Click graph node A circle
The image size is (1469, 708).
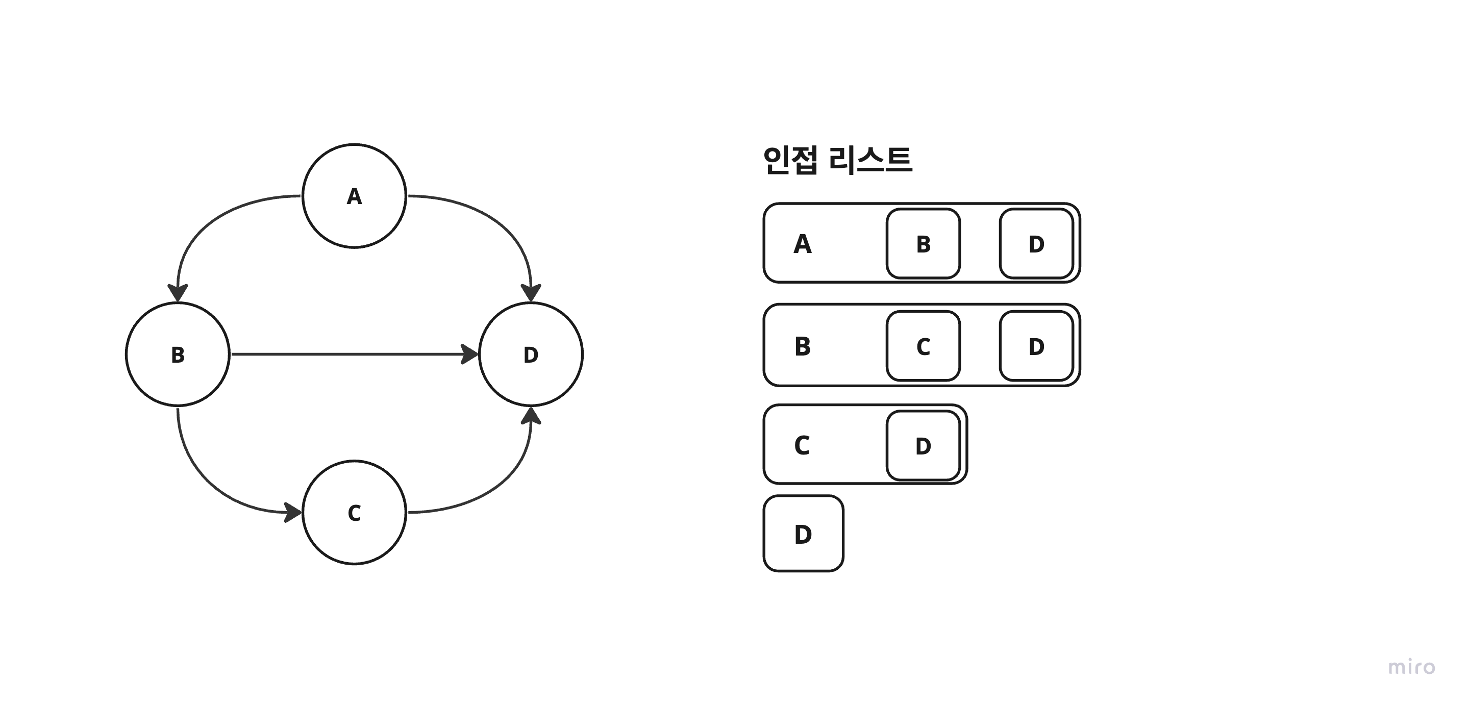(354, 195)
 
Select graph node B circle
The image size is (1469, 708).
(178, 354)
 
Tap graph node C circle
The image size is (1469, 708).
(354, 512)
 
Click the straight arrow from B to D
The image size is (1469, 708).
(354, 354)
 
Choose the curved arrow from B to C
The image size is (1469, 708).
(205, 482)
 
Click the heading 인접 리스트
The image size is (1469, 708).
(837, 160)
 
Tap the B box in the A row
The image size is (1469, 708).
(923, 243)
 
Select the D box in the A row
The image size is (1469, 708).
(1036, 243)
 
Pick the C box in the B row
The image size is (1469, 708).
(923, 346)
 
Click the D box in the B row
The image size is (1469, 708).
(1036, 346)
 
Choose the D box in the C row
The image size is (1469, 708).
(923, 446)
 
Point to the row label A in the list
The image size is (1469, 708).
(802, 244)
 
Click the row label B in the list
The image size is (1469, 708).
(802, 346)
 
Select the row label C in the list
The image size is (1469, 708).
(802, 445)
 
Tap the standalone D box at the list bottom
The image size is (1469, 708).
(803, 534)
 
